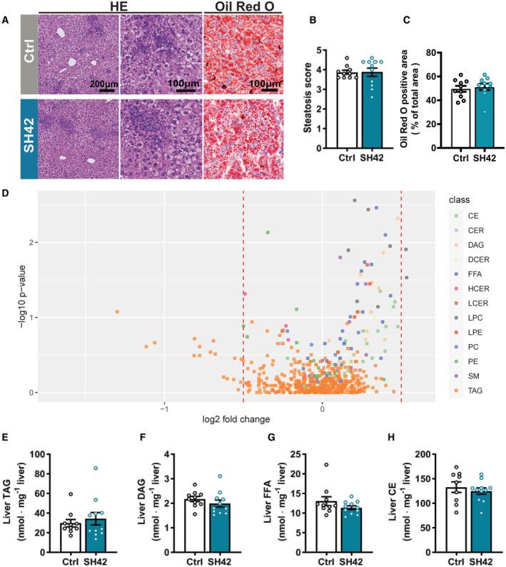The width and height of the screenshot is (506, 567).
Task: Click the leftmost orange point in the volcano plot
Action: click(x=117, y=311)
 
